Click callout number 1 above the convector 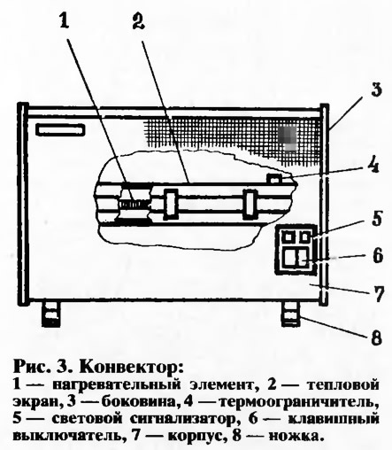pyautogui.click(x=64, y=20)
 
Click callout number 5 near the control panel pyautogui.click(x=376, y=219)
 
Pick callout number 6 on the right pyautogui.click(x=377, y=255)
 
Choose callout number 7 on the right pyautogui.click(x=377, y=293)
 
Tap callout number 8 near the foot pyautogui.click(x=376, y=337)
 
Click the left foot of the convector pyautogui.click(x=50, y=314)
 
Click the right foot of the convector pyautogui.click(x=291, y=314)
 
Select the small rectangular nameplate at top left pyautogui.click(x=60, y=130)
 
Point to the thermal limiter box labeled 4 pyautogui.click(x=275, y=178)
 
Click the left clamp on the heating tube pyautogui.click(x=171, y=204)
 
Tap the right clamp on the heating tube pyautogui.click(x=250, y=205)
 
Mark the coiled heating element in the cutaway pyautogui.click(x=135, y=204)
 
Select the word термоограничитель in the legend pyautogui.click(x=298, y=401)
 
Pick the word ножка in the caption pyautogui.click(x=294, y=436)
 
